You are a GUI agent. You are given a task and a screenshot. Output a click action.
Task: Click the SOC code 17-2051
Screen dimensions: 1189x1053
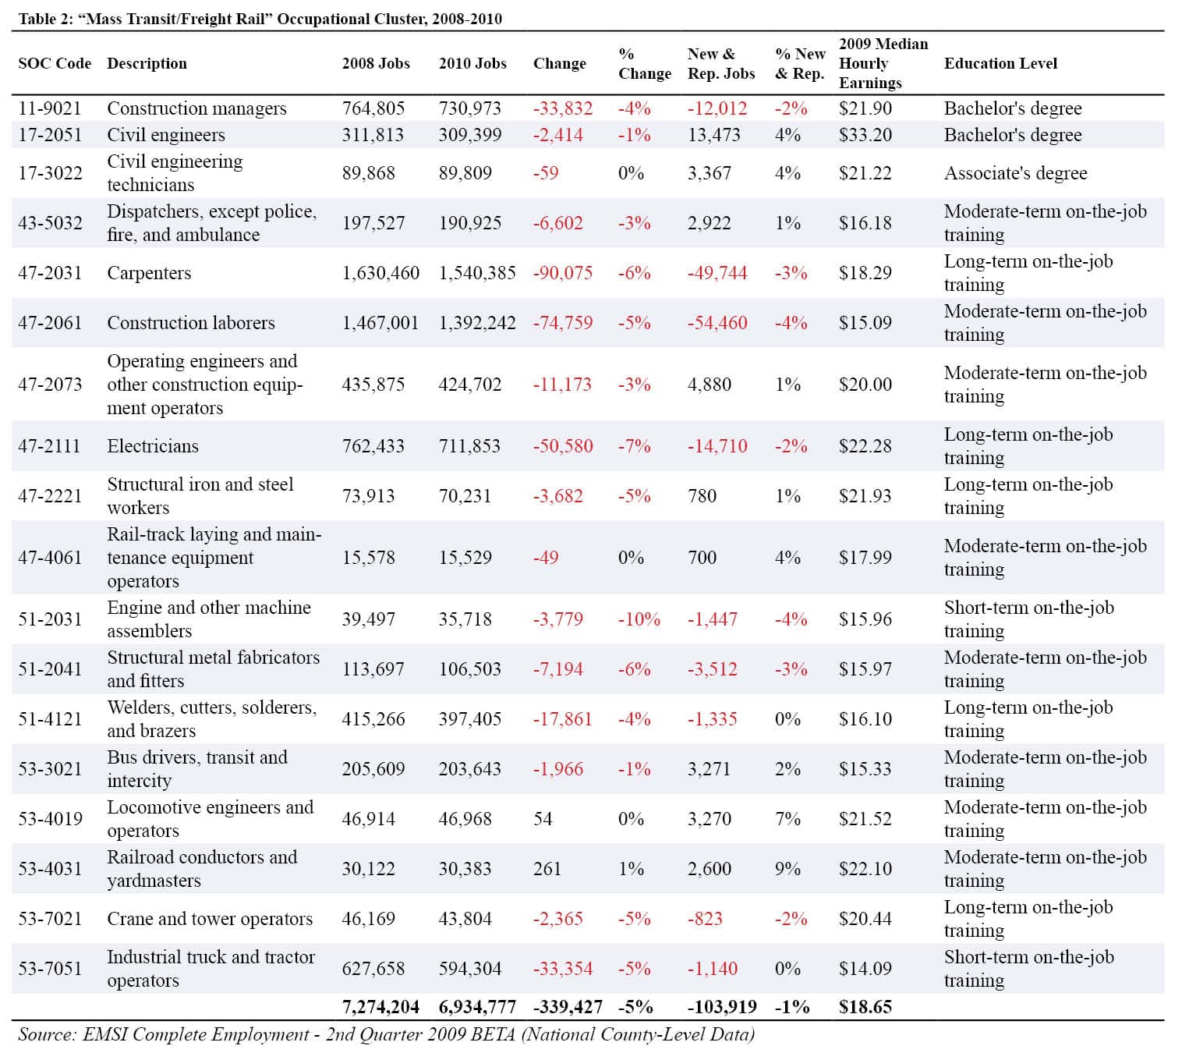(x=50, y=135)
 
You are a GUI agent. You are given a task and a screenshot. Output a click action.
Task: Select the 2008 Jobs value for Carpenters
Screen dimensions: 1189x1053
(x=380, y=273)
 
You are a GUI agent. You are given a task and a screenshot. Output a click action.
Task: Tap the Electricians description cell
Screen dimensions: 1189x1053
(x=153, y=446)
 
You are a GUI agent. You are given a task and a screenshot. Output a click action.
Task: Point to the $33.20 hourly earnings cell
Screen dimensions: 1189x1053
(x=865, y=135)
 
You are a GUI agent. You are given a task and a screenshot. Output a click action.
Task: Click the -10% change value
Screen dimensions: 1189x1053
(x=639, y=619)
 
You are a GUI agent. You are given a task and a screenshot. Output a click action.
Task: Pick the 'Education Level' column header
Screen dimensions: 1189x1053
(x=1000, y=63)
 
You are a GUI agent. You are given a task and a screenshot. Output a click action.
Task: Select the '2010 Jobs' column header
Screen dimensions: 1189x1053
(x=472, y=63)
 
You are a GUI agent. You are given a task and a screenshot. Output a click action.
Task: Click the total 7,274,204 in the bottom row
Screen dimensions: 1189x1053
(x=380, y=1007)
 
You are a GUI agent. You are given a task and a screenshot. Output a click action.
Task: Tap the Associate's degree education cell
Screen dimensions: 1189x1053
(x=1015, y=173)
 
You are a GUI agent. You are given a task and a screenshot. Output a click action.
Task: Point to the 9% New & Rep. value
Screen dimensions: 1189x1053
(x=787, y=869)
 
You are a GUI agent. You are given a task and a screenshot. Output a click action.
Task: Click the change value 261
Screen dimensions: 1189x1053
(x=547, y=869)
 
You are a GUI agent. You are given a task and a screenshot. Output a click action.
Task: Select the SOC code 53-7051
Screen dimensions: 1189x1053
(x=50, y=969)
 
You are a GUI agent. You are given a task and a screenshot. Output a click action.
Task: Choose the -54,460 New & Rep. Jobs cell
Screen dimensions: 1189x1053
(x=717, y=323)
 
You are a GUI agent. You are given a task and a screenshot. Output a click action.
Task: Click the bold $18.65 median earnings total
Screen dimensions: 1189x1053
(x=865, y=1007)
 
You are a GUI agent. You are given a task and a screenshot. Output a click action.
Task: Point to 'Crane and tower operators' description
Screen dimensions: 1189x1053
(x=210, y=919)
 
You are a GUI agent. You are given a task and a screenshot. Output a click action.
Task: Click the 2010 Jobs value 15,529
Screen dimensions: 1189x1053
(x=465, y=558)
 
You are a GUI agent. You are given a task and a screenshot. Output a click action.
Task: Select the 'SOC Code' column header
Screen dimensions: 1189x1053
(x=55, y=63)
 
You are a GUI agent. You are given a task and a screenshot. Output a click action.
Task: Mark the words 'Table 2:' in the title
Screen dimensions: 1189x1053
(x=45, y=19)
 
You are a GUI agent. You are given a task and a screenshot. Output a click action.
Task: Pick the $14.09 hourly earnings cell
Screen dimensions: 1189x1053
(x=865, y=969)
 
